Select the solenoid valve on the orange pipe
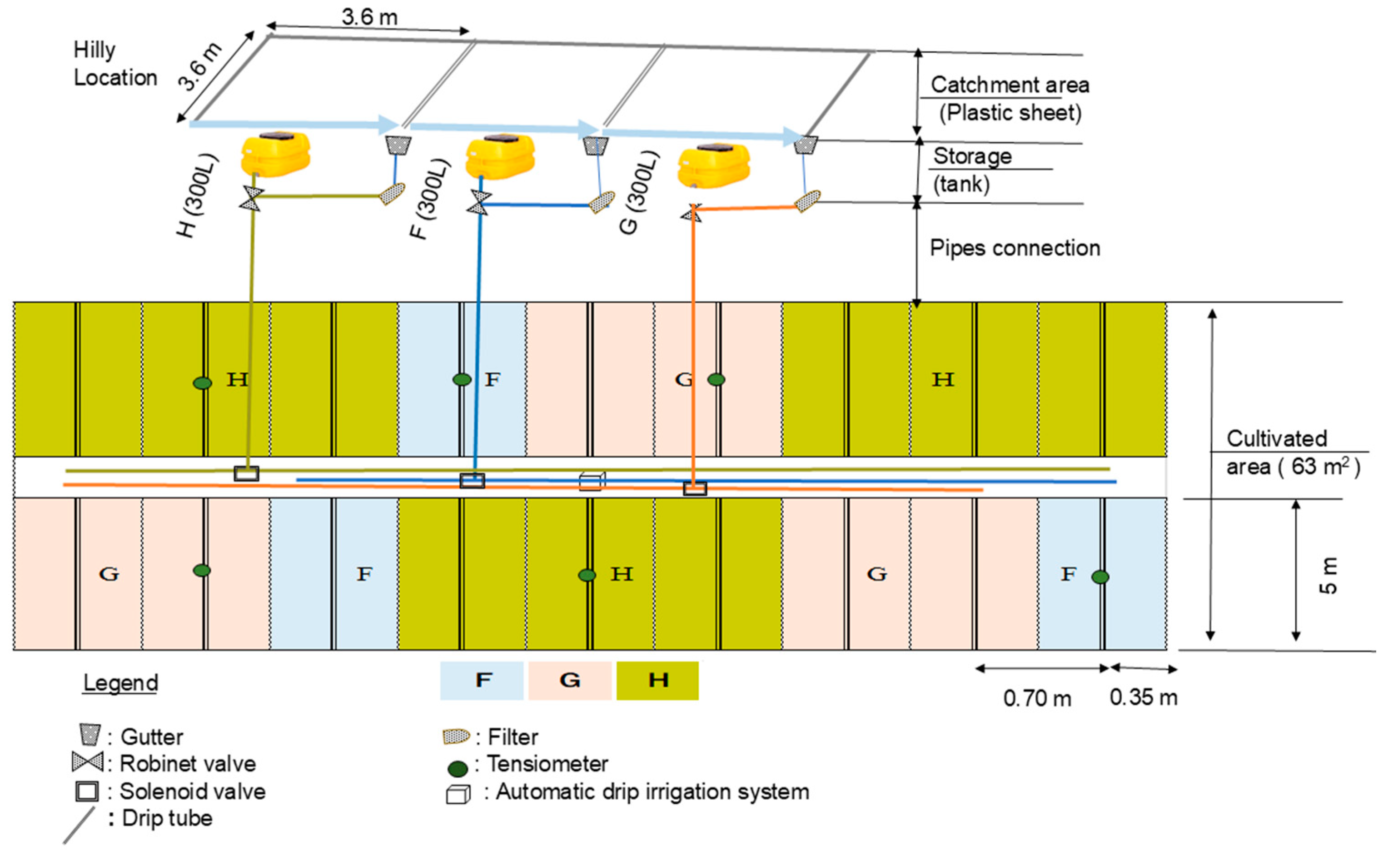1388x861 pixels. [695, 489]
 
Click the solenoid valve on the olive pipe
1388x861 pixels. [246, 473]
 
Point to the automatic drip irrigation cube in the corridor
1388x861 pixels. [592, 481]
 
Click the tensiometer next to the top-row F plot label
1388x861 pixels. [462, 379]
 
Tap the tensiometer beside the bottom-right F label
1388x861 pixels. [1100, 577]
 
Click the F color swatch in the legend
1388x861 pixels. [482, 680]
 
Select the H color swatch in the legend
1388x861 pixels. [658, 680]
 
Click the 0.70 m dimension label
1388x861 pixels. [1037, 698]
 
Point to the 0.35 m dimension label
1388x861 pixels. [1143, 697]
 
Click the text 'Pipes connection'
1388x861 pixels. [1015, 248]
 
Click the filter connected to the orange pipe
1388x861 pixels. [807, 200]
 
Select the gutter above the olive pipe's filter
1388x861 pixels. [398, 145]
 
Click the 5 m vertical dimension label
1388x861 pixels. [1328, 575]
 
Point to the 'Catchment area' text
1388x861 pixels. [1010, 85]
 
